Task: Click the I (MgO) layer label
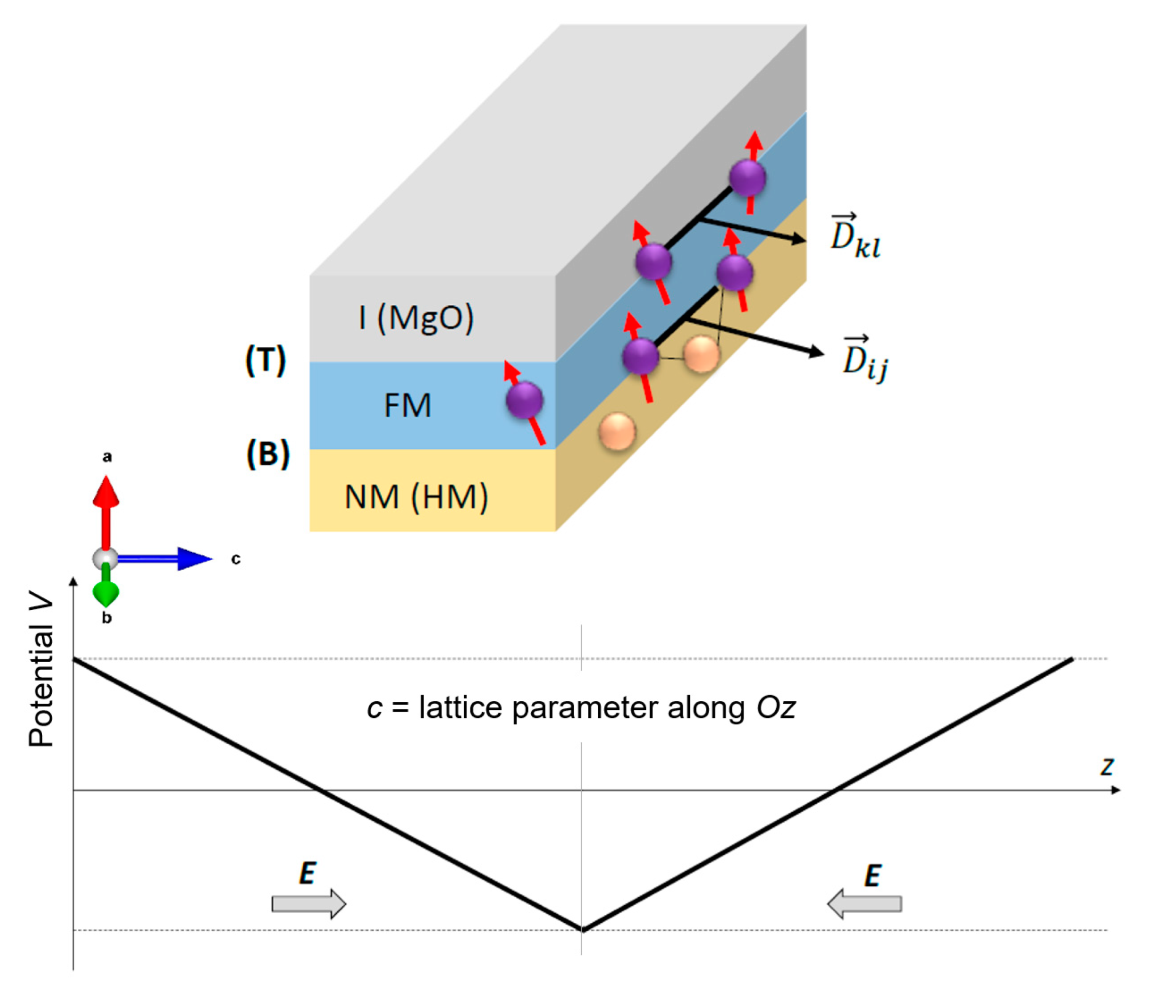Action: (x=416, y=318)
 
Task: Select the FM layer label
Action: (x=407, y=405)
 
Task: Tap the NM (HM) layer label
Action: (x=416, y=497)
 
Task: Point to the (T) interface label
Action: (x=265, y=360)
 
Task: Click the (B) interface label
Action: (x=268, y=453)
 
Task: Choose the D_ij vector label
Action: (x=864, y=359)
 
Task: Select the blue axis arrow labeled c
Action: (x=168, y=558)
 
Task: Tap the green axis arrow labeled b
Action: (x=105, y=589)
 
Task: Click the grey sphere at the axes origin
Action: (x=105, y=558)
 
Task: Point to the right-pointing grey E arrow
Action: (x=309, y=904)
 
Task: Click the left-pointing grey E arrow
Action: (x=864, y=904)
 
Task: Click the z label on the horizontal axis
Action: (x=1107, y=766)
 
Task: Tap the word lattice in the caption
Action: (x=461, y=708)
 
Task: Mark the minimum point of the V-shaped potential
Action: (x=582, y=929)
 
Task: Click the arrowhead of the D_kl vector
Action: (x=799, y=239)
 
